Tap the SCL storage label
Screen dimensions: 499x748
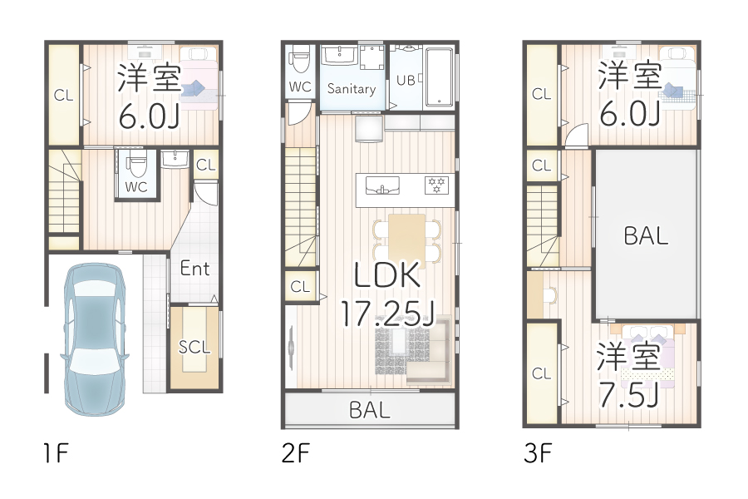click(x=195, y=347)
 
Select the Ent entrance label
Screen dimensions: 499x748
click(x=195, y=269)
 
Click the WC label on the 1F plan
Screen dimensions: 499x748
click(x=136, y=187)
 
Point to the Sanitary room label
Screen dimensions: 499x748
click(x=352, y=88)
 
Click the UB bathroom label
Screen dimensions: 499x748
click(x=406, y=81)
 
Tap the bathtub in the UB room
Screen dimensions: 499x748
click(x=439, y=77)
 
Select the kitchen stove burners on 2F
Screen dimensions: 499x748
click(x=436, y=185)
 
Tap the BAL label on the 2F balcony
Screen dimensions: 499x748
click(x=370, y=409)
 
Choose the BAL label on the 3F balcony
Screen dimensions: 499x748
click(x=646, y=235)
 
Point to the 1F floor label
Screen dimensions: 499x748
click(x=55, y=454)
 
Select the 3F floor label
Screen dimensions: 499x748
click(x=538, y=454)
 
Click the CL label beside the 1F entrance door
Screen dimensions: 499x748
click(x=205, y=165)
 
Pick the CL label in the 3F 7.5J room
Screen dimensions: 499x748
click(x=541, y=373)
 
